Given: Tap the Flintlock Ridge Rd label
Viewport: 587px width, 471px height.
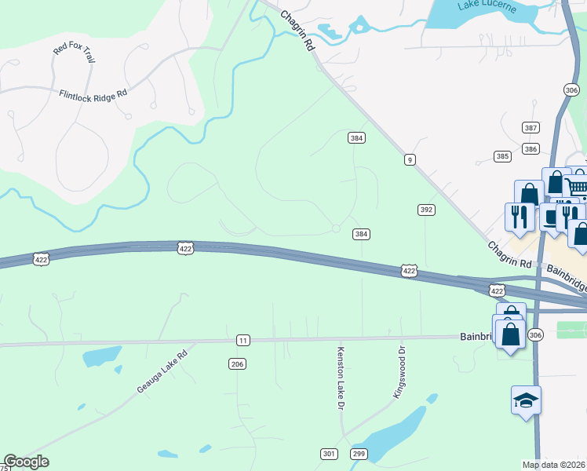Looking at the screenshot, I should (93, 94).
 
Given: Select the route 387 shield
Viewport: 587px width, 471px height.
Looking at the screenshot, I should (531, 127).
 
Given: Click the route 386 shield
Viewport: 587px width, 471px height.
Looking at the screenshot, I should (531, 148).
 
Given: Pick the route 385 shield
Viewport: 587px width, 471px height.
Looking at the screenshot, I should (502, 156).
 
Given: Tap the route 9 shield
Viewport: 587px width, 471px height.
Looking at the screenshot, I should (410, 160).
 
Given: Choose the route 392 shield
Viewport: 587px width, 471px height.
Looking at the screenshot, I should (426, 210).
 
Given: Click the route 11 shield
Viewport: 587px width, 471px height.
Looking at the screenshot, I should (243, 340).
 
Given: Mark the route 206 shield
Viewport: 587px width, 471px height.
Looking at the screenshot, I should (237, 363).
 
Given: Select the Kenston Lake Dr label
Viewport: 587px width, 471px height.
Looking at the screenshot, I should (341, 378).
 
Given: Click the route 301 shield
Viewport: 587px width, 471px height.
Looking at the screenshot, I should (329, 454).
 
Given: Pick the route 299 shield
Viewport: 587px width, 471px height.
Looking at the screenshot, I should (359, 454).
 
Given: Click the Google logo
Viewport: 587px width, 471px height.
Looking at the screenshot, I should (26, 462).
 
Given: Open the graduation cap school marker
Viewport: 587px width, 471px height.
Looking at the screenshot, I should (526, 401).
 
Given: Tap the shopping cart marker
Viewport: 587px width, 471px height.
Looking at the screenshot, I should (578, 185).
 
